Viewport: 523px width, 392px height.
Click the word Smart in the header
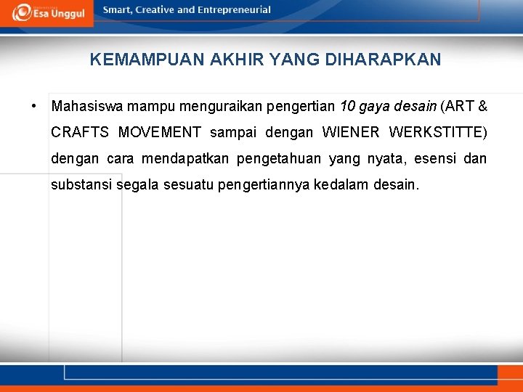point(118,10)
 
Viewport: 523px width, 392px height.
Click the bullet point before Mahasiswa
point(34,107)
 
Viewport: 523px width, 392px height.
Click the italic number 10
point(347,107)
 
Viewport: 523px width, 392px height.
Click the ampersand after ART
point(483,107)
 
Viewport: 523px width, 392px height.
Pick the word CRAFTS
point(81,133)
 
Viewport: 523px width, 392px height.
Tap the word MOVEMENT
point(159,133)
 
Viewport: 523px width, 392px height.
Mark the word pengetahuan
point(279,159)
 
